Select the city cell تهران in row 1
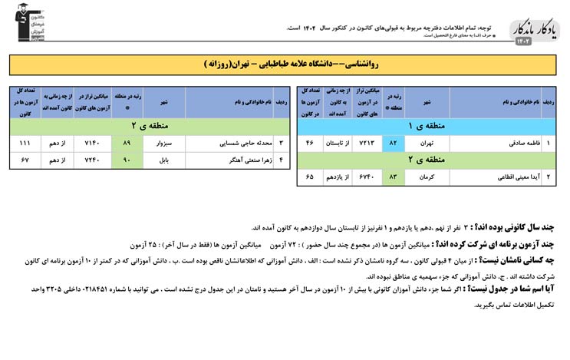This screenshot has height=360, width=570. tap(427, 144)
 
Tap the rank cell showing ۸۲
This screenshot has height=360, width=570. tap(393, 144)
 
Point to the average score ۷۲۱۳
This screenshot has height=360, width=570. tap(366, 144)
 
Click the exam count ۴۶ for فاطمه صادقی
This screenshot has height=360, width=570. tap(310, 144)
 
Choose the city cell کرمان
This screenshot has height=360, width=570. tap(427, 177)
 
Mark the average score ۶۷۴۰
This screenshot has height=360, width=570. tap(366, 177)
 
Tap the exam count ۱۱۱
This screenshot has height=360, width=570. tap(25, 143)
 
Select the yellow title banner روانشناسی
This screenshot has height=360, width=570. tap(284, 64)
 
